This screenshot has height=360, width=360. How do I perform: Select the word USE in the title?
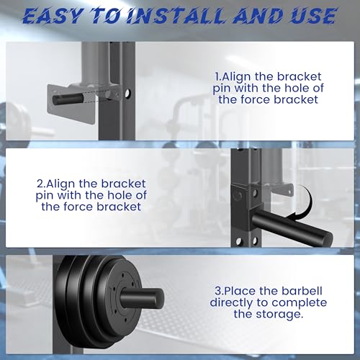[x=310, y=16]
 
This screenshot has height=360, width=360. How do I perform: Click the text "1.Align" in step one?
[x=234, y=75]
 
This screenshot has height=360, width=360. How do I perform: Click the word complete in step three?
[x=303, y=302]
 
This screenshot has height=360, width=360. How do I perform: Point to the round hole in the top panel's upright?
[x=128, y=94]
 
